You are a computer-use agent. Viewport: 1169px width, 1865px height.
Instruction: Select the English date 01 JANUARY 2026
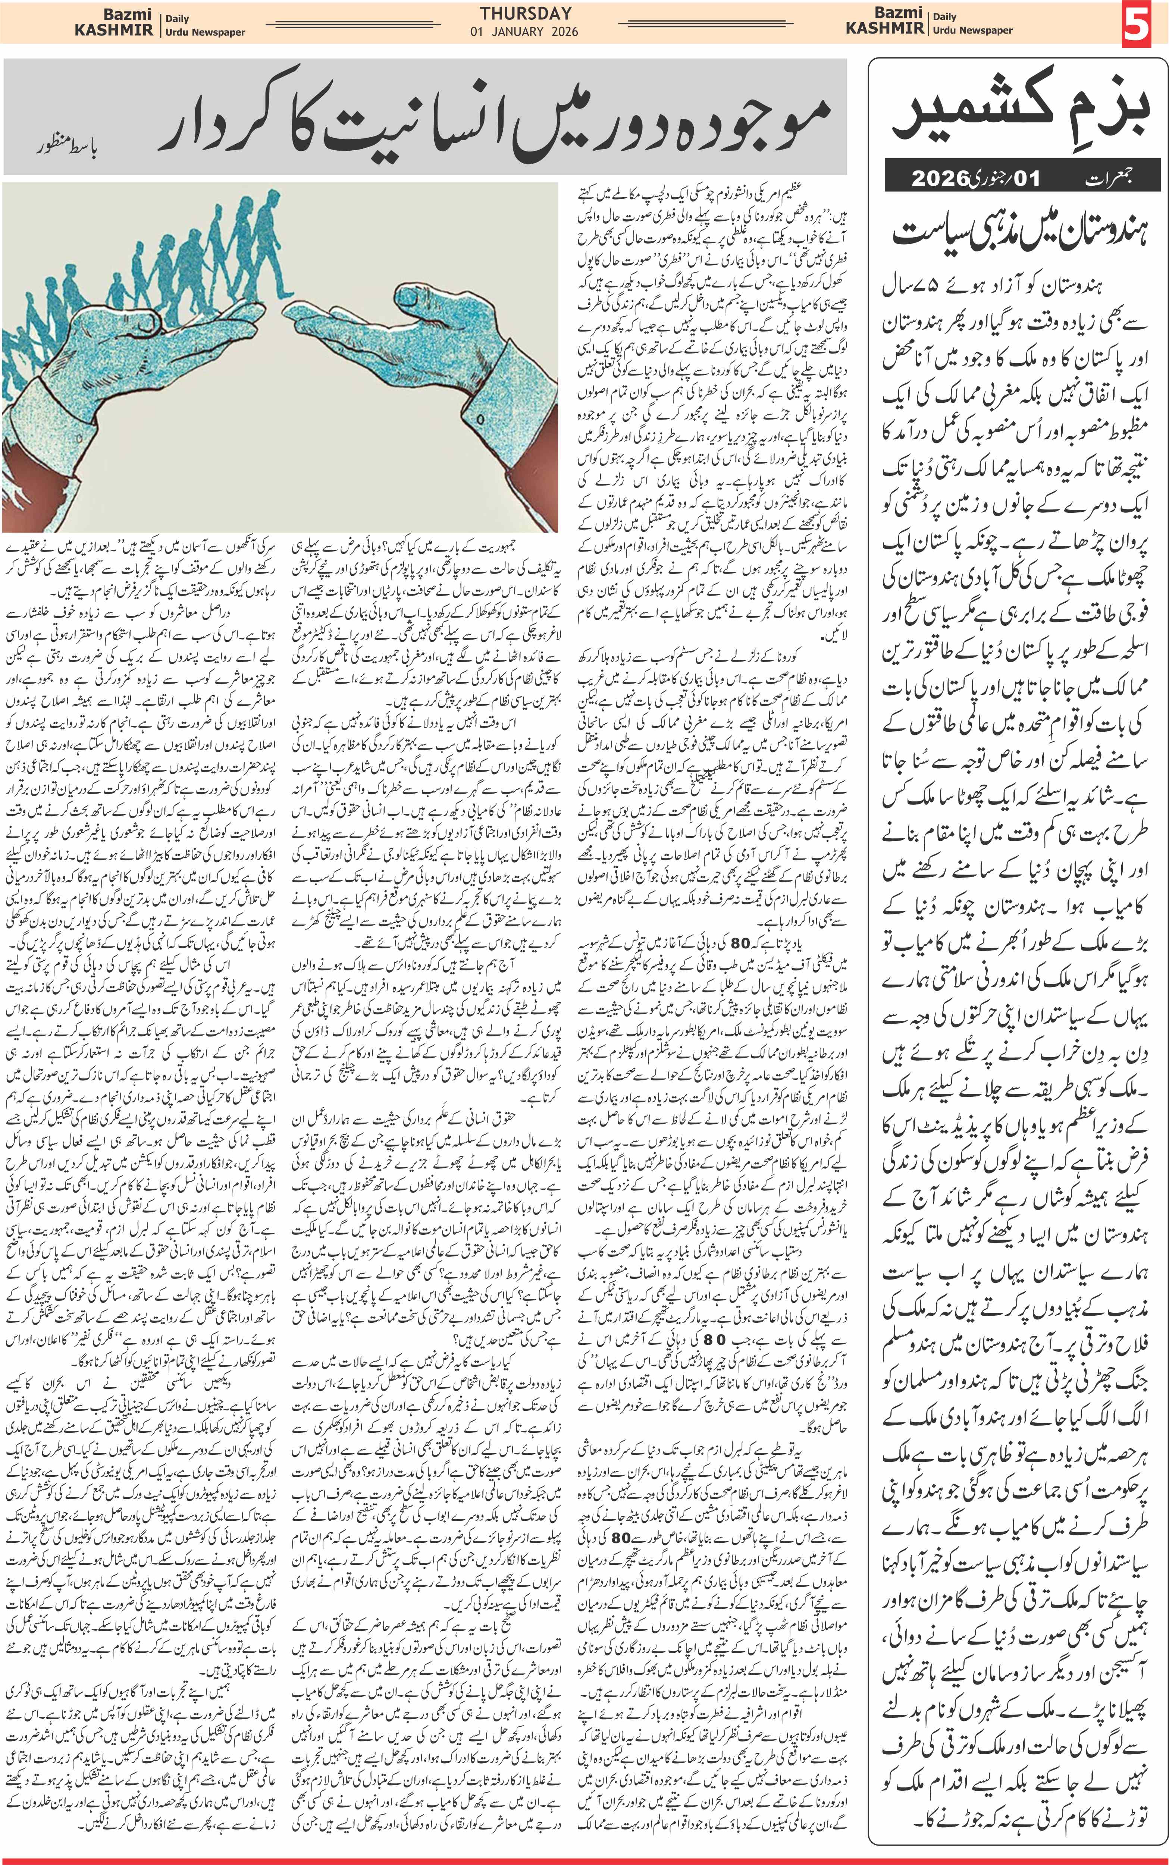524,32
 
